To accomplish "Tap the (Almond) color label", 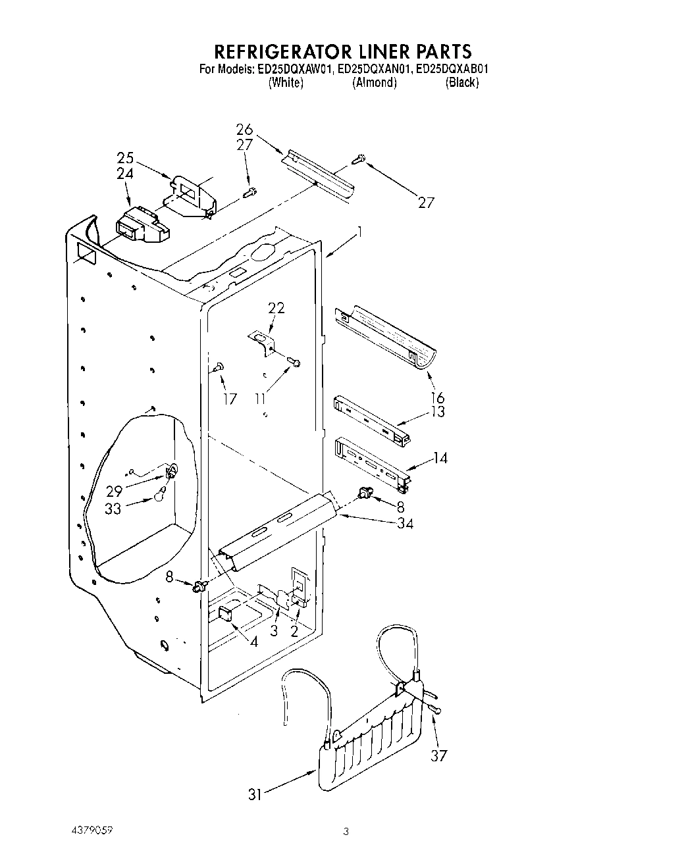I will [375, 83].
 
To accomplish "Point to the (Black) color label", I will [461, 83].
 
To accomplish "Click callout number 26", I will [244, 130].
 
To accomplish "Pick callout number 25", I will [125, 159].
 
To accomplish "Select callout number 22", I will [276, 308].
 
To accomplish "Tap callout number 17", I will [230, 399].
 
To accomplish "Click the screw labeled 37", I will [436, 708].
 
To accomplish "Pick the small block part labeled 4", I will [224, 615].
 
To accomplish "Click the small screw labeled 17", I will [219, 367].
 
